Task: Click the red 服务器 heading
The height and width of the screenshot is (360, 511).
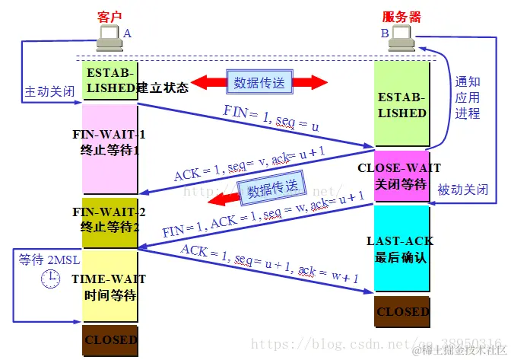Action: pyautogui.click(x=401, y=16)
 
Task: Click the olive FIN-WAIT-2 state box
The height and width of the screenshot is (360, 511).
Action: pyautogui.click(x=109, y=221)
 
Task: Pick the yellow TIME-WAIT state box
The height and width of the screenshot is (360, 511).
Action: pyautogui.click(x=109, y=285)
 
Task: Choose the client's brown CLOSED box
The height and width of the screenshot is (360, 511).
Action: pyautogui.click(x=109, y=339)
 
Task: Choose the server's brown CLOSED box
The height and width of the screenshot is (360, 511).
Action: pyautogui.click(x=401, y=311)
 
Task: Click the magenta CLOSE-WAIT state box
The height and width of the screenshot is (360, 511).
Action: pyautogui.click(x=401, y=176)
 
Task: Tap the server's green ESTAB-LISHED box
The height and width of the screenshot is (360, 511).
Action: pyautogui.click(x=401, y=106)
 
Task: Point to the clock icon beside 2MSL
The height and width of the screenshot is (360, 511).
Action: pyautogui.click(x=50, y=279)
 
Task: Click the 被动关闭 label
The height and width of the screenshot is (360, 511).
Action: pyautogui.click(x=462, y=189)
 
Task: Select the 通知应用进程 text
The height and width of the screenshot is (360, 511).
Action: pyautogui.click(x=468, y=97)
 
